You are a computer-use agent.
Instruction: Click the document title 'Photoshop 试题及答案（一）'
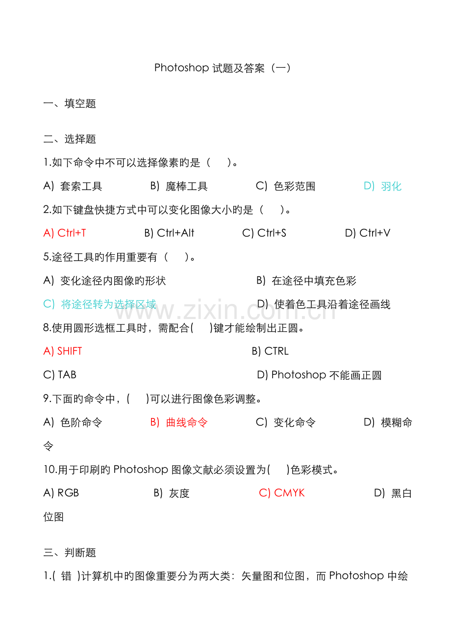pos(223,68)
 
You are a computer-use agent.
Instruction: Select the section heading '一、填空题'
pos(70,103)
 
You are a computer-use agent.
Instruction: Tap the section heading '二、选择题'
pos(70,139)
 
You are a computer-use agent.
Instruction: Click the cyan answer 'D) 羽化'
pos(383,186)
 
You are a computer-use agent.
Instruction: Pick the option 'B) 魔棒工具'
pos(179,186)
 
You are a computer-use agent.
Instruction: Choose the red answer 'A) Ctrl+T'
pos(65,233)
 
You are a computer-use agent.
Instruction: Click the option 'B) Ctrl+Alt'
pos(169,233)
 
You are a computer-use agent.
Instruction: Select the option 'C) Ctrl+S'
pos(264,233)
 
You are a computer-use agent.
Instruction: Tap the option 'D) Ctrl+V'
pos(368,233)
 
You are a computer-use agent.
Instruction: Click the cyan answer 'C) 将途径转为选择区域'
pos(100,304)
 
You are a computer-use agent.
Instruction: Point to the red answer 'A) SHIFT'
pos(63,351)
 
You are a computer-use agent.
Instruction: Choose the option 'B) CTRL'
pos(270,351)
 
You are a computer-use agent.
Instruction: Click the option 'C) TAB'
pos(60,375)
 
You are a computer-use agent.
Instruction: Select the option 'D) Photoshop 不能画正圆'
pos(319,375)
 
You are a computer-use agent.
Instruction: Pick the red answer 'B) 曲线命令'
pos(179,422)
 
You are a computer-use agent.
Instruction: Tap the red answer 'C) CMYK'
pos(282,493)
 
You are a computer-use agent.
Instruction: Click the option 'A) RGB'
pos(61,493)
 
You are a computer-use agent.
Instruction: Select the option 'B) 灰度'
pos(172,493)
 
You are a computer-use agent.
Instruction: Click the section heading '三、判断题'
pos(70,553)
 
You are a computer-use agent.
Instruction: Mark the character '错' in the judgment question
pos(66,576)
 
